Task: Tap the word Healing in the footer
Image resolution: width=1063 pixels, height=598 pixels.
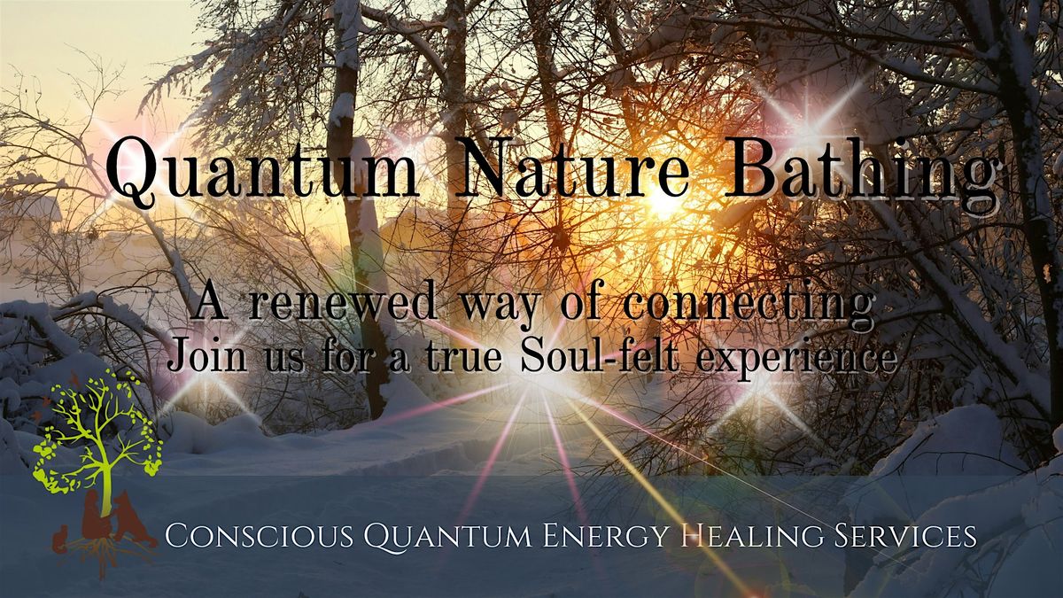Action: point(764,536)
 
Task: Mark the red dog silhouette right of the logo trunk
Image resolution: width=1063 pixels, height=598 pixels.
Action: point(129,518)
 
